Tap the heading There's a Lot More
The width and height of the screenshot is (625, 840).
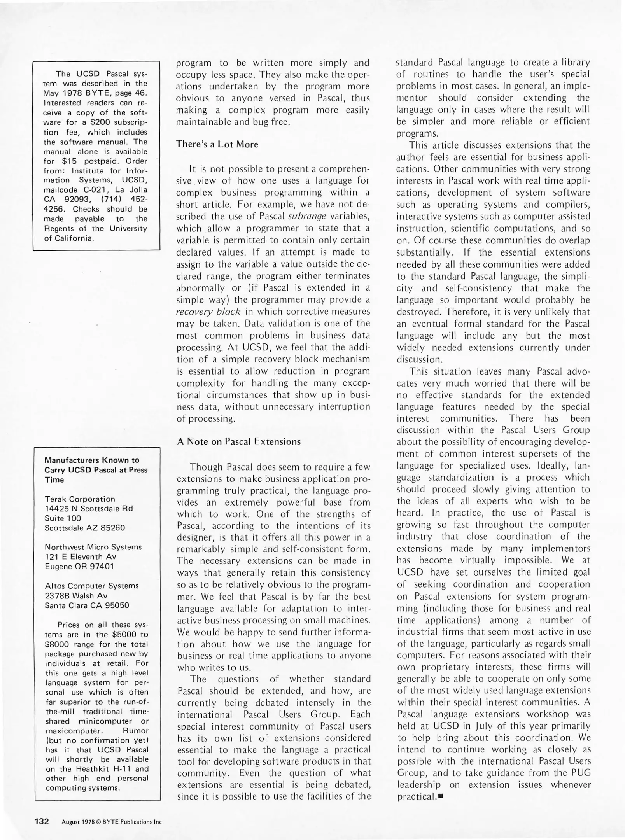click(x=217, y=144)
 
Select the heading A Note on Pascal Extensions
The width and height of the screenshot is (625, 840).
click(x=239, y=441)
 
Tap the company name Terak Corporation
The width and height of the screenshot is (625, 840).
click(x=80, y=499)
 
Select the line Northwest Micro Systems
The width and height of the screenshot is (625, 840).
click(x=93, y=547)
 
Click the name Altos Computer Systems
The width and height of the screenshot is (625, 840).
click(x=91, y=586)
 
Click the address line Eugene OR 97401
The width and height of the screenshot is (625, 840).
click(x=79, y=566)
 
